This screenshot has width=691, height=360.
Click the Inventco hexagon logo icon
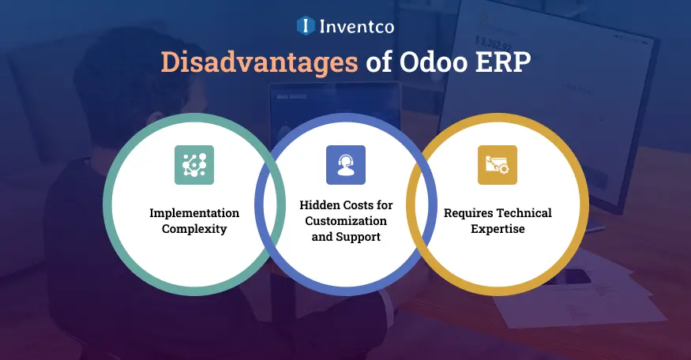coord(306,26)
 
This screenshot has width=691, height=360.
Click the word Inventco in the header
coord(357,26)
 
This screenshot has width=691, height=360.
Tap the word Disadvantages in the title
coord(259,63)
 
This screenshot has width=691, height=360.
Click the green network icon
coord(194,165)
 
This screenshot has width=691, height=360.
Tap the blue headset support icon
coord(346,165)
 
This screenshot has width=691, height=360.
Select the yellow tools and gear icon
coord(498,165)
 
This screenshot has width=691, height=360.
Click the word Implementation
coord(194,213)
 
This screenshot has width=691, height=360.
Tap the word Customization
coord(346,220)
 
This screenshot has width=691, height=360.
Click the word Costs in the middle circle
coord(355,205)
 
